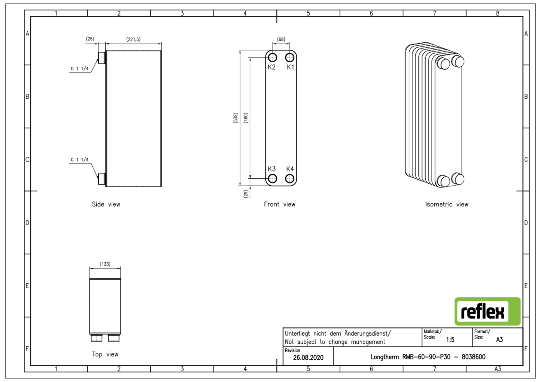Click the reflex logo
(x=487, y=312)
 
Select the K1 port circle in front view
(x=290, y=58)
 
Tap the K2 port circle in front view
(x=273, y=58)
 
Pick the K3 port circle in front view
(x=273, y=178)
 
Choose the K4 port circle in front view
(x=290, y=178)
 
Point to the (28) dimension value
(x=90, y=39)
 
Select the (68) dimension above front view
(x=281, y=39)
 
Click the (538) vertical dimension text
(x=236, y=118)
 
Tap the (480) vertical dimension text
(x=246, y=118)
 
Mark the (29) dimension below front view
(x=246, y=194)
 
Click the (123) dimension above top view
(x=105, y=264)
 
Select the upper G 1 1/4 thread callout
(x=79, y=68)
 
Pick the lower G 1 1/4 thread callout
(x=79, y=160)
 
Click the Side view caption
(x=106, y=204)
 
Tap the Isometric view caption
(x=447, y=204)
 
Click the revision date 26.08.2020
(x=308, y=357)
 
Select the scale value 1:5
(x=450, y=339)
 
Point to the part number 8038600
(x=474, y=357)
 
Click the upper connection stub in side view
(x=102, y=58)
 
